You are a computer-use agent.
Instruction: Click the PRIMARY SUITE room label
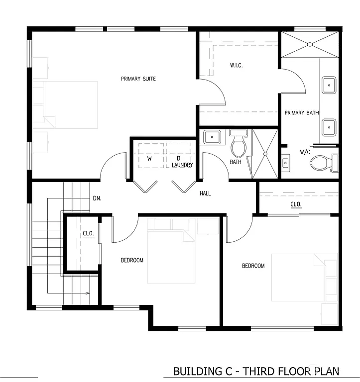tap(138, 79)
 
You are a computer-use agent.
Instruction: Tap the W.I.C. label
tap(236, 66)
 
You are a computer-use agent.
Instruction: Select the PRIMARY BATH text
tap(301, 113)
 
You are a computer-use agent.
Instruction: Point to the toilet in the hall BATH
tap(239, 146)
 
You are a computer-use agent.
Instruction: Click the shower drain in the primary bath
tap(310, 45)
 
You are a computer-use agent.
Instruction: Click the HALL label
tap(205, 193)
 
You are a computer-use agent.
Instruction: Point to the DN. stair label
tap(97, 198)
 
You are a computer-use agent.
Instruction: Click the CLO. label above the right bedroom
tap(296, 204)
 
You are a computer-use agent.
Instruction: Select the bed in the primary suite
tap(70, 105)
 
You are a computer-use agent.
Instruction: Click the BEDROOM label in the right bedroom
tap(253, 266)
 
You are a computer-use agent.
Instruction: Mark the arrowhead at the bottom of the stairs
tap(88, 293)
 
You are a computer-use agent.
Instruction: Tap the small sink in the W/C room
tap(286, 162)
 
